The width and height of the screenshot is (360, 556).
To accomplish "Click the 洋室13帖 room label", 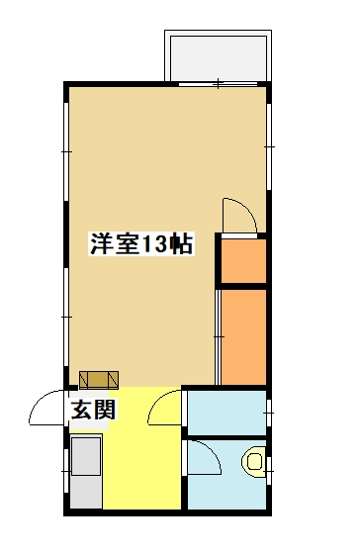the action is click(x=141, y=243).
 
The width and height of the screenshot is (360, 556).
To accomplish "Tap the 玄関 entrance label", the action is click(x=93, y=411).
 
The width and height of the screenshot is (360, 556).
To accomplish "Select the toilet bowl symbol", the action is click(x=254, y=461).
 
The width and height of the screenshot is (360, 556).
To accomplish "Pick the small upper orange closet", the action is click(x=243, y=261).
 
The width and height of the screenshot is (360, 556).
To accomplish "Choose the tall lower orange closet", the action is click(x=243, y=336).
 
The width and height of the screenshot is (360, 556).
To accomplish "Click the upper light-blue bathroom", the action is click(x=226, y=413).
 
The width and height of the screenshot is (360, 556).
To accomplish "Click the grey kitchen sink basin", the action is click(x=86, y=456).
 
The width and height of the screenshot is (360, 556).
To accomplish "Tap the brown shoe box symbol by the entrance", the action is click(x=99, y=380).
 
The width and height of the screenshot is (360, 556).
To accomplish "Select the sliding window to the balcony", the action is click(x=218, y=84).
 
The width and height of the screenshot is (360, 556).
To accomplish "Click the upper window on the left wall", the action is click(x=66, y=151).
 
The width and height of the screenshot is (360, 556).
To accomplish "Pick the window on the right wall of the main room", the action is click(x=269, y=146).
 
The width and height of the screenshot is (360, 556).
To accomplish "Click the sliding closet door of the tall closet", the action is click(x=218, y=336).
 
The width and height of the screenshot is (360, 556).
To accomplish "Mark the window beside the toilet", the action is click(x=269, y=471).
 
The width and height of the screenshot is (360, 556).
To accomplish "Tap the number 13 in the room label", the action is click(x=153, y=244).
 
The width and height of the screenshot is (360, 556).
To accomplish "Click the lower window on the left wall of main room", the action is click(x=66, y=317).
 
